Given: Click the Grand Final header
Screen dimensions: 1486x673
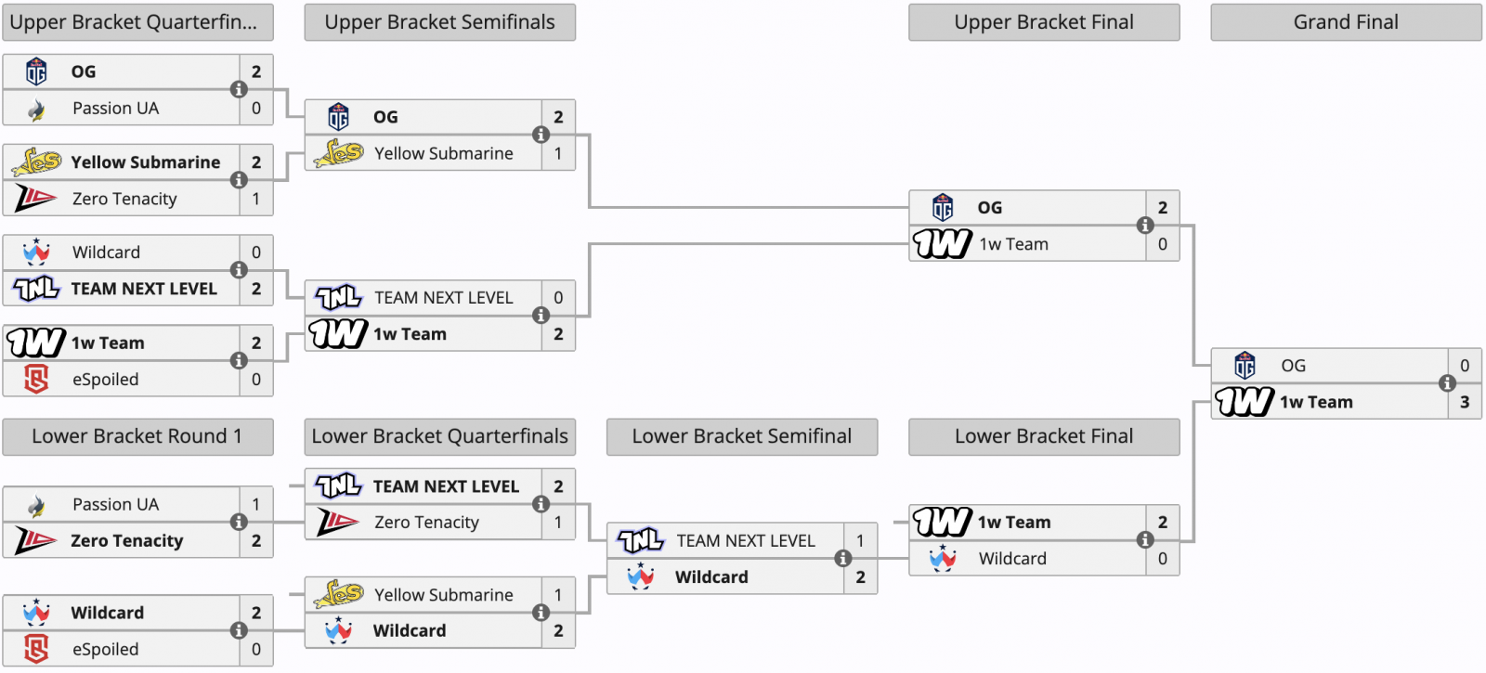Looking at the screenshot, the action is [1346, 22].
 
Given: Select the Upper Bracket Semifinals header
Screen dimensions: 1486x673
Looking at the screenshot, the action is [440, 22].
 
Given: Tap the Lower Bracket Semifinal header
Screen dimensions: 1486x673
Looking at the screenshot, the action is [742, 436].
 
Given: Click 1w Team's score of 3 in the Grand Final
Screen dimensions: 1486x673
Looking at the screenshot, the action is [1465, 402].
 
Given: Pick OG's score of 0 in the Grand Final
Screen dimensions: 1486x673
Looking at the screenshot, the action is [1465, 366].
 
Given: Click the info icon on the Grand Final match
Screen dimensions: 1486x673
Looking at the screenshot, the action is [1448, 383].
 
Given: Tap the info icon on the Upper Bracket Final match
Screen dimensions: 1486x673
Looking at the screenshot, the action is [1145, 226].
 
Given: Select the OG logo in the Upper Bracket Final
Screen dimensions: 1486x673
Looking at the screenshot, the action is [943, 208].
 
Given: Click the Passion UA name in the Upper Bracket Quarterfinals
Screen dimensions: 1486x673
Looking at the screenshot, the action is [116, 108].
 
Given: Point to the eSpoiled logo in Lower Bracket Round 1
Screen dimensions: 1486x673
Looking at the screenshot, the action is [36, 649].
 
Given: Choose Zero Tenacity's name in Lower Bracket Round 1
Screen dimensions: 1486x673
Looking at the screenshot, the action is [126, 540].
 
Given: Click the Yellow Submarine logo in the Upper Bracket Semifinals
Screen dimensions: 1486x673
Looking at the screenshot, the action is [339, 153].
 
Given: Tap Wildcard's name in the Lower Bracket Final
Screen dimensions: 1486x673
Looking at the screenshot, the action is [1012, 558].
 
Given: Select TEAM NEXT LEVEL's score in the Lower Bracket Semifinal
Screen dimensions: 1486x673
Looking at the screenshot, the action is [860, 540].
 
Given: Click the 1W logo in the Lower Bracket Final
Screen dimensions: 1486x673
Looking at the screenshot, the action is [943, 522].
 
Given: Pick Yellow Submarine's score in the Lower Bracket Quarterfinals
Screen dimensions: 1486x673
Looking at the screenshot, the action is [558, 595].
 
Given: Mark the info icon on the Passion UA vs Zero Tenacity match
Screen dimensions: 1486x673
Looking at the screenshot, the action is [239, 523].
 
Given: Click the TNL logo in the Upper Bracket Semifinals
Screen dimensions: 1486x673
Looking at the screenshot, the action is [339, 298].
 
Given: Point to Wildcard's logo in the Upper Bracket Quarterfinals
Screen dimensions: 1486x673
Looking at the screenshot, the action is [36, 252].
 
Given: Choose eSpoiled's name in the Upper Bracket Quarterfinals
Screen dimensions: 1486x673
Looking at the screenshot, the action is [106, 380].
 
